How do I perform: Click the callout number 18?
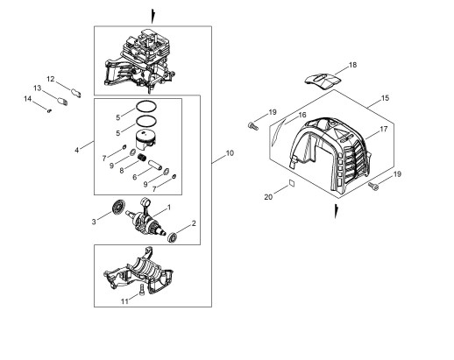click(353, 65)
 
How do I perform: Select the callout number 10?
click(230, 153)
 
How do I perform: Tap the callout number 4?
click(77, 151)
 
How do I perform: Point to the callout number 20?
click(268, 197)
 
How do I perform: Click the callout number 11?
click(124, 301)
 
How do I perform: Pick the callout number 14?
click(28, 99)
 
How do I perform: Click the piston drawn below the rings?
click(145, 140)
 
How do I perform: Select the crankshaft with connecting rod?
click(145, 217)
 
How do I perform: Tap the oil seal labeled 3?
click(118, 207)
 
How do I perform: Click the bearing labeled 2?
click(172, 236)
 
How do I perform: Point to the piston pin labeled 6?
click(155, 166)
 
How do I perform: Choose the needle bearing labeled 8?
click(142, 158)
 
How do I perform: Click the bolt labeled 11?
click(142, 290)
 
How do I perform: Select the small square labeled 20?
click(292, 183)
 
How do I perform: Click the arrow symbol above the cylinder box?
click(153, 17)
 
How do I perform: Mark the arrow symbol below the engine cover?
click(337, 211)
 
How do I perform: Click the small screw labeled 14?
click(49, 110)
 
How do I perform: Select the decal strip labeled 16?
click(278, 132)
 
